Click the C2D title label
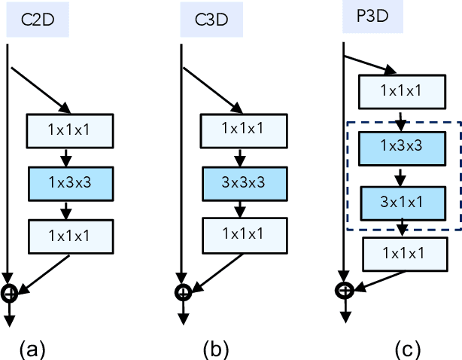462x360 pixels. pyautogui.click(x=38, y=20)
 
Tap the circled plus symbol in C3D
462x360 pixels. pyautogui.click(x=183, y=292)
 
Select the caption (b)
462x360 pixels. pyautogui.click(x=215, y=349)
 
